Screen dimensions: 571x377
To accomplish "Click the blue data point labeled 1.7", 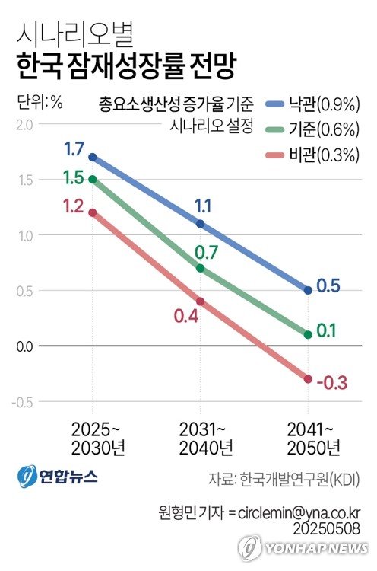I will click(x=93, y=157).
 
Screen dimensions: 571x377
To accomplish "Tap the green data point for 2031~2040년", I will click(x=201, y=268).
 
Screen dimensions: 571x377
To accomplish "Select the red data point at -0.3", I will click(x=308, y=379).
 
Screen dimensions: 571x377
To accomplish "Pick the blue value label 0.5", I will click(x=328, y=285).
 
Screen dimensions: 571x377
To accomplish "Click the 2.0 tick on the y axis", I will click(x=25, y=124).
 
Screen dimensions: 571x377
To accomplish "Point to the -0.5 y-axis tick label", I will click(x=23, y=402).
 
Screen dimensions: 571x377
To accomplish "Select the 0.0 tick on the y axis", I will click(x=25, y=346).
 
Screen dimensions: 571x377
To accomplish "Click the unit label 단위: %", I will click(x=40, y=100).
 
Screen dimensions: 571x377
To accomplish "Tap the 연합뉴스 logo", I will click(x=57, y=475).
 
